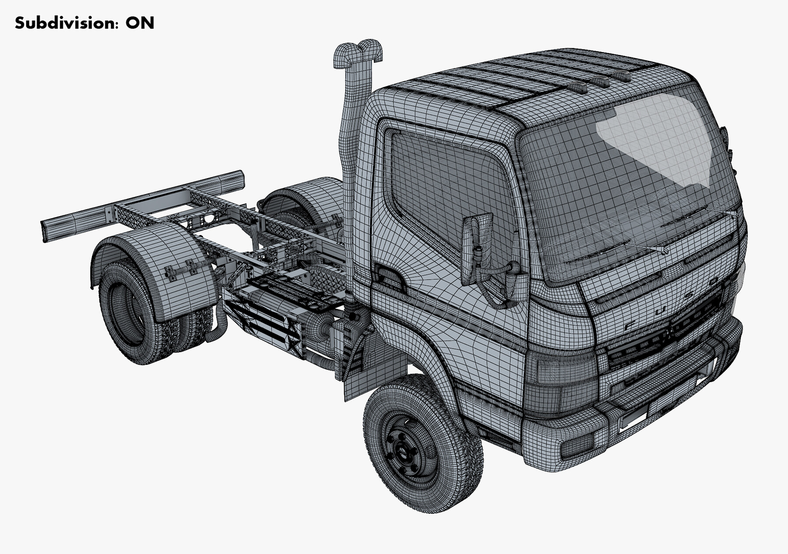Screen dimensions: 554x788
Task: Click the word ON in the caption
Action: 140,23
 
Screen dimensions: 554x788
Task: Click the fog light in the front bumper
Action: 577,446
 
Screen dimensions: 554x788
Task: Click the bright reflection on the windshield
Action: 657,136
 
